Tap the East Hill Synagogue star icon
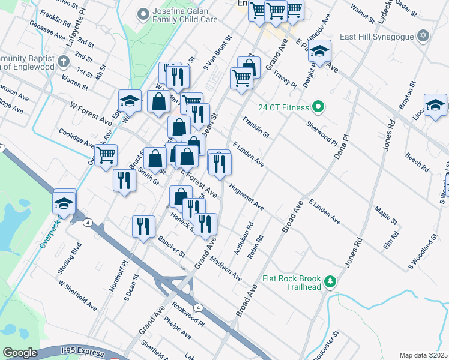coord(424,36)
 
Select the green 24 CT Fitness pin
coord(319,107)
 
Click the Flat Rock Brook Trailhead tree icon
coord(329,281)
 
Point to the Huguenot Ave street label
coord(246,197)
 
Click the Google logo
coord(20,352)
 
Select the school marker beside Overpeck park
coord(64,203)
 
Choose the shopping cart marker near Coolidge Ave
coord(106,155)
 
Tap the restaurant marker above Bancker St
coord(143,226)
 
